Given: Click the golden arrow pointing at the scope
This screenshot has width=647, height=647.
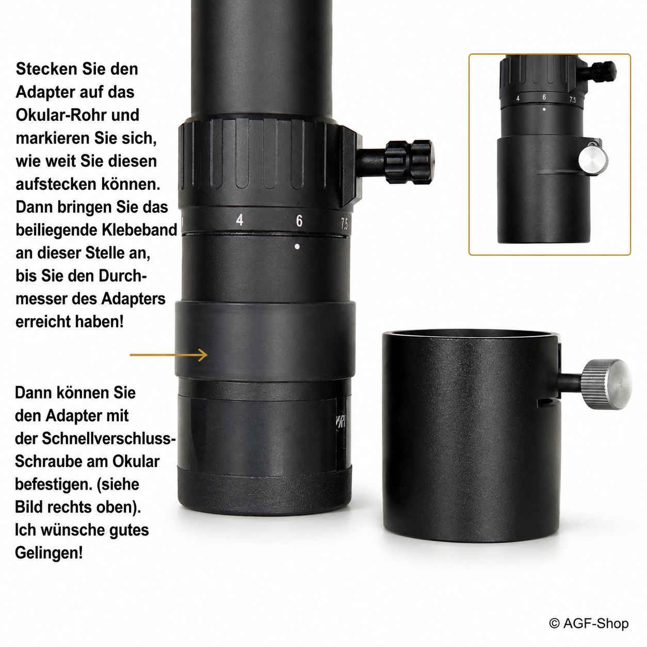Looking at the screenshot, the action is pyautogui.click(x=169, y=354).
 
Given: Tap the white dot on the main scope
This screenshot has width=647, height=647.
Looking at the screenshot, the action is pyautogui.click(x=297, y=247).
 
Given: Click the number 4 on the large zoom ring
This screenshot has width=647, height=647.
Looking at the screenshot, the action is pyautogui.click(x=239, y=220).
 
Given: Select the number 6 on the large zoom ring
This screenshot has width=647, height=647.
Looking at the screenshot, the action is pyautogui.click(x=299, y=221).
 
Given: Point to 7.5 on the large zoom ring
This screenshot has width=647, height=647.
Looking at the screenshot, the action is pyautogui.click(x=344, y=223).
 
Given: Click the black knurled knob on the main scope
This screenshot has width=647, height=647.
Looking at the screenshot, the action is pyautogui.click(x=409, y=162).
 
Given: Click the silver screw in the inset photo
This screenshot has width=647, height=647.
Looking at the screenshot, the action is pyautogui.click(x=593, y=159).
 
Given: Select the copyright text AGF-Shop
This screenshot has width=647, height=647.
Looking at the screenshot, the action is pyautogui.click(x=589, y=623).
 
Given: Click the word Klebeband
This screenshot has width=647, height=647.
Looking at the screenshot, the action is pyautogui.click(x=139, y=230).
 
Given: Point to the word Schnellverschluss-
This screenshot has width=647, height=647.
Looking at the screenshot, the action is pyautogui.click(x=109, y=439).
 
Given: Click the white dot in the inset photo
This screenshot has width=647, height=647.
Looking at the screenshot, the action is pyautogui.click(x=544, y=109).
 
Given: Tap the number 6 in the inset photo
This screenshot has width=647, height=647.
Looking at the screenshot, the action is pyautogui.click(x=544, y=97).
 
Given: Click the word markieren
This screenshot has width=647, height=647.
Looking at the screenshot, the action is pyautogui.click(x=53, y=138).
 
